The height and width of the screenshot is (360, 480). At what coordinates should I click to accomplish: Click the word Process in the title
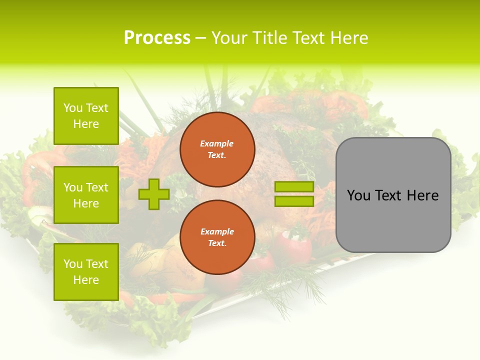157,38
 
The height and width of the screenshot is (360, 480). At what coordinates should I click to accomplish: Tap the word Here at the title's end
348,38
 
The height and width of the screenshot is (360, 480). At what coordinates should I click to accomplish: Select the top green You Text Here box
86,116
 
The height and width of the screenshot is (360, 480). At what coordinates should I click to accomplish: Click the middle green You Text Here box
86,195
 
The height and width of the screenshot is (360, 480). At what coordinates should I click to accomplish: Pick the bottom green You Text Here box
86,272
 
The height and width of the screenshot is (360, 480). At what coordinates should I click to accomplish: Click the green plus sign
154,194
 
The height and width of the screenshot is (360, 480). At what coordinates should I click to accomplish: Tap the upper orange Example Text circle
217,149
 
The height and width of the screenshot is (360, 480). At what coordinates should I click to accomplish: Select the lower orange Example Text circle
217,237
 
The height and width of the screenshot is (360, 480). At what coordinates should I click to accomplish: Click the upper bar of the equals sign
294,187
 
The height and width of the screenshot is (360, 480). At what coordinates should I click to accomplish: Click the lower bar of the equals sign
294,201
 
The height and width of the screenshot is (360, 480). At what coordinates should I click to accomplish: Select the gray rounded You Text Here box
393,195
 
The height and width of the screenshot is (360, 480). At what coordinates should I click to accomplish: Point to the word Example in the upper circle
216,143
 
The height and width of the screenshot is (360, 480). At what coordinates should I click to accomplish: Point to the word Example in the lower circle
217,231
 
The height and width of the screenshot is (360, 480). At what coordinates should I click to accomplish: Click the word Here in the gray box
422,195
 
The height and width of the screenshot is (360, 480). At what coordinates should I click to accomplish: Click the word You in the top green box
73,108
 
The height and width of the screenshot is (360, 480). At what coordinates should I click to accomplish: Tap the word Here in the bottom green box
86,280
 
